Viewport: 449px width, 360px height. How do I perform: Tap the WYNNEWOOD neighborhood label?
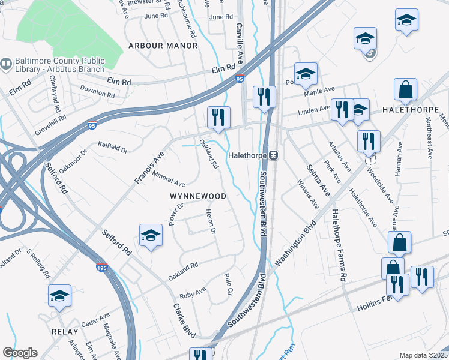click(197, 196)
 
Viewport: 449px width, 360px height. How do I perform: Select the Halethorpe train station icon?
click(273, 155)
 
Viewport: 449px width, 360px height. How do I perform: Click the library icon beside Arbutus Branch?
click(7, 62)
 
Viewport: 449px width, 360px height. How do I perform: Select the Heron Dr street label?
click(210, 221)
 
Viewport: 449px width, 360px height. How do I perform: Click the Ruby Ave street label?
click(193, 293)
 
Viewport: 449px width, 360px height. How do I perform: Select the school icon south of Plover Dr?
click(151, 235)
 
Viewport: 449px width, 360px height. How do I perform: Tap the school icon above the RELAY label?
click(59, 296)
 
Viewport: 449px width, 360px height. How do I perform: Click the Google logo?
click(20, 353)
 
